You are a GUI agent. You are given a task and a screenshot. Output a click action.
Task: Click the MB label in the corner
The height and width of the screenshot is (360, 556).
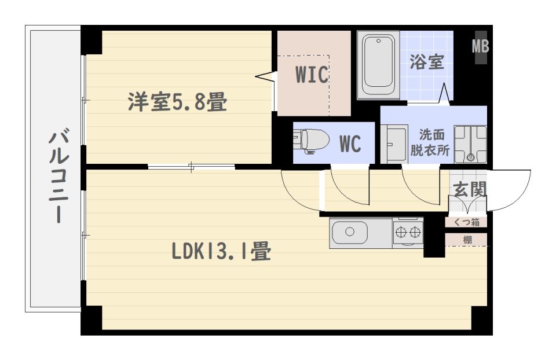[x=480, y=46]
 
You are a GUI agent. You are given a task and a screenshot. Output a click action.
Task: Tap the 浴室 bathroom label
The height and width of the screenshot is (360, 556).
[x=427, y=63]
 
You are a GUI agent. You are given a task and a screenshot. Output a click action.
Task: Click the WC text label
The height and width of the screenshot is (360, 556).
[x=350, y=144]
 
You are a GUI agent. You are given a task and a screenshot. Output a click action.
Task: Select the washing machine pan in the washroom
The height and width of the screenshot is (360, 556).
[x=470, y=144]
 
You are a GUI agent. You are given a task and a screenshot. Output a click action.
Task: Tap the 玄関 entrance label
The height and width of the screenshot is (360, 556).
[x=469, y=189]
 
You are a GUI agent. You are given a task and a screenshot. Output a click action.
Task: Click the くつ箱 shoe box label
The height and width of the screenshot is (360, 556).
[x=466, y=222]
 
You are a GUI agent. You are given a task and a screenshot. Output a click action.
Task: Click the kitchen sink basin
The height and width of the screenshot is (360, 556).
[x=350, y=233]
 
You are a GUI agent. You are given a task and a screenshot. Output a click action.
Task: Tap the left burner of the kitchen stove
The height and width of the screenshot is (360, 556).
[x=401, y=233]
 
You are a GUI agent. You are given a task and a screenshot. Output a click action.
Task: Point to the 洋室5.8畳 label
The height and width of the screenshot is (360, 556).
[x=177, y=103]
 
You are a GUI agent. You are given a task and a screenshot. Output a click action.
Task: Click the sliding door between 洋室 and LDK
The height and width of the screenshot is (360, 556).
[x=191, y=168]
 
